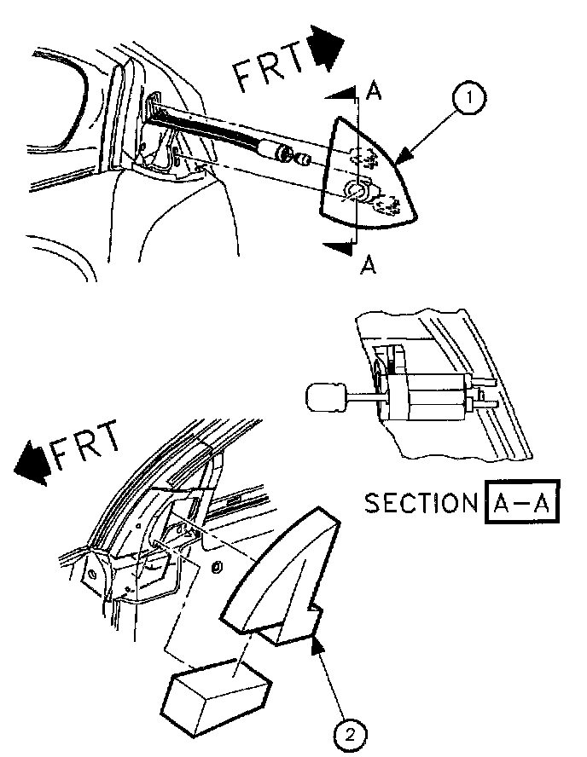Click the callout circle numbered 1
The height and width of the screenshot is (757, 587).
(x=468, y=101)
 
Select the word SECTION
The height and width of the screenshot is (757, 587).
(x=419, y=503)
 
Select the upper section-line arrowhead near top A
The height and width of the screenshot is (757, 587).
(x=340, y=93)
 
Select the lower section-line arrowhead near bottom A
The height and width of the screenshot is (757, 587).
(x=340, y=247)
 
